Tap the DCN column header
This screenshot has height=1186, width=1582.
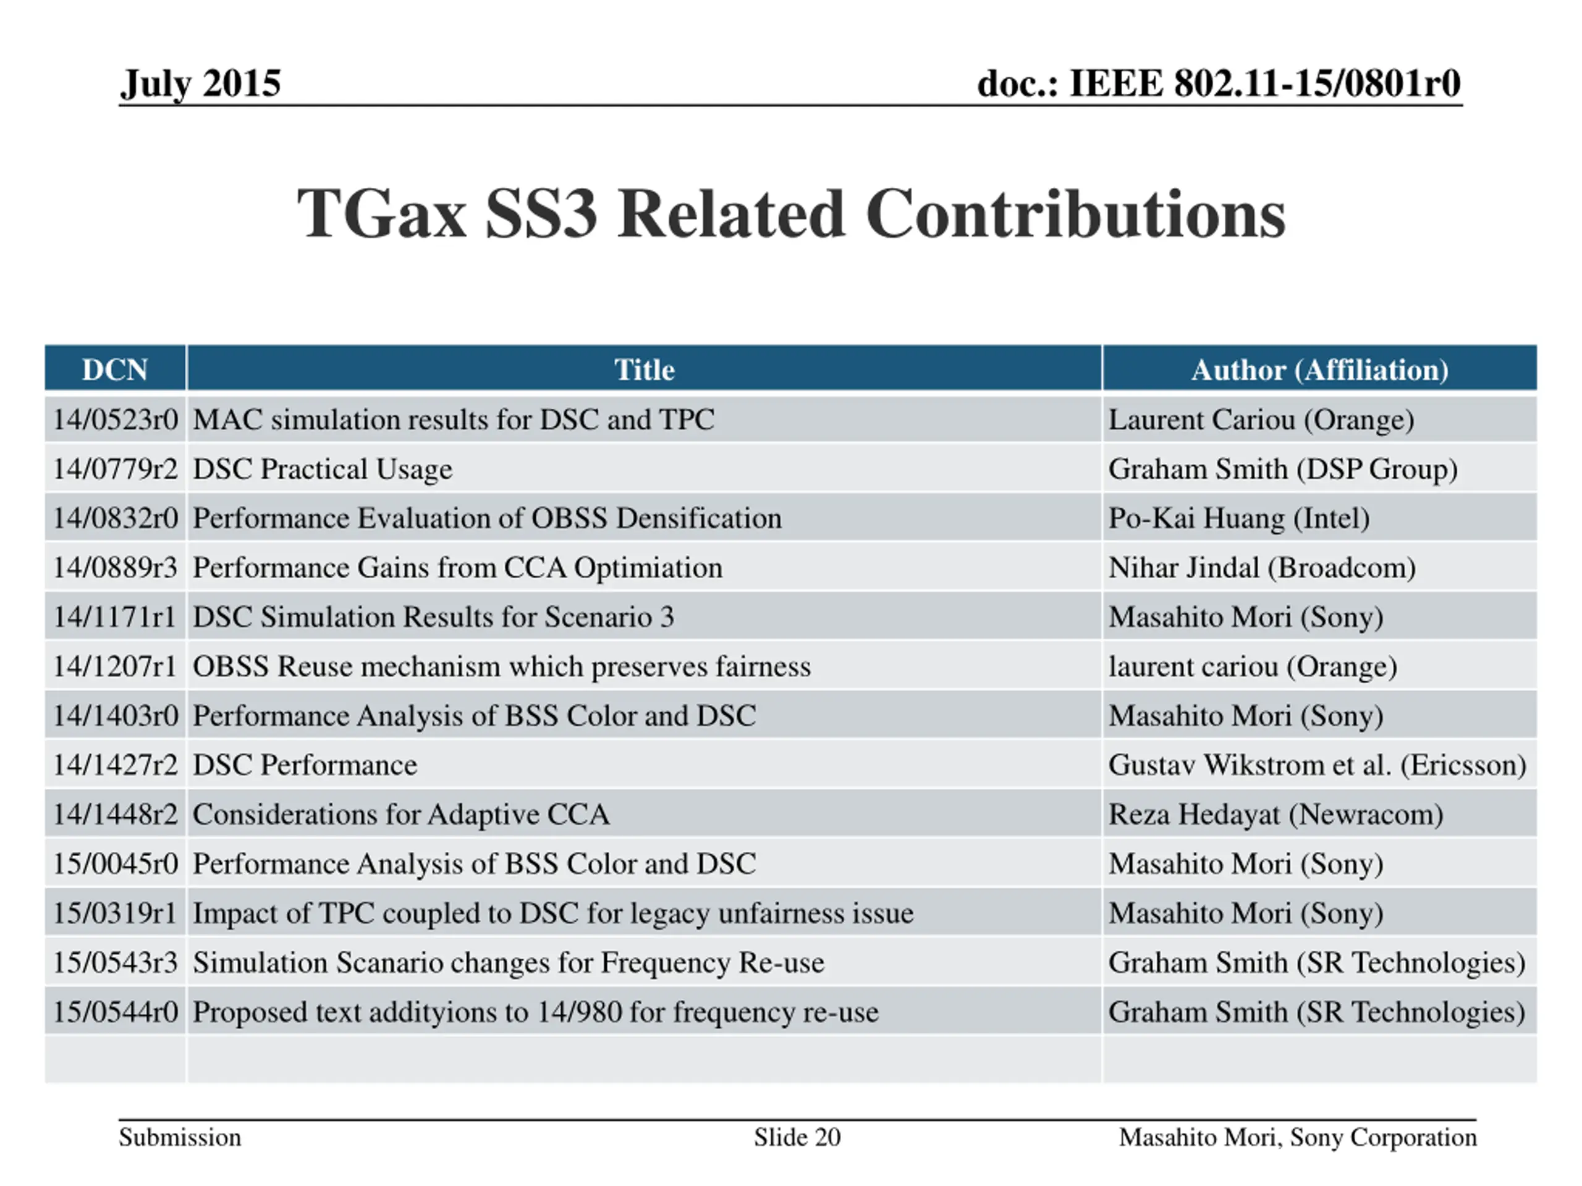(114, 369)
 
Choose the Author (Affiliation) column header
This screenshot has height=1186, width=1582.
(1319, 369)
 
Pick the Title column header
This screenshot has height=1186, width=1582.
(644, 369)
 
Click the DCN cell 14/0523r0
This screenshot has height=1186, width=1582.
(115, 419)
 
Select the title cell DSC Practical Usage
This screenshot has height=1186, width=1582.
(323, 469)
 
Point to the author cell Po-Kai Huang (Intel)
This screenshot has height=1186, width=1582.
(1238, 518)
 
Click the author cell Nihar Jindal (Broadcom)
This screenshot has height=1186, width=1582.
(1262, 568)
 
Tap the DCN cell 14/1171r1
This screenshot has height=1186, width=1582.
(114, 617)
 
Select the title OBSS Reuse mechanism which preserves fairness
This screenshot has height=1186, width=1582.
(501, 667)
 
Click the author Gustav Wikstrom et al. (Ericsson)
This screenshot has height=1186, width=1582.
(1317, 765)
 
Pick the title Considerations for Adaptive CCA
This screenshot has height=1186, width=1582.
(401, 814)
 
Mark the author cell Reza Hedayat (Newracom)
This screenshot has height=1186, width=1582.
(1275, 814)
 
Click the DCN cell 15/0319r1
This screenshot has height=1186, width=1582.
(114, 913)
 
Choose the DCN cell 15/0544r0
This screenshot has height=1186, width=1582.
(115, 1012)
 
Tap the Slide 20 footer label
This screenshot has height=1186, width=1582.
(797, 1137)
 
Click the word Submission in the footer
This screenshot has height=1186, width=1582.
(179, 1137)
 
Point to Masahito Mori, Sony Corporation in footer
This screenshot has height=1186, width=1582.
(1297, 1137)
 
